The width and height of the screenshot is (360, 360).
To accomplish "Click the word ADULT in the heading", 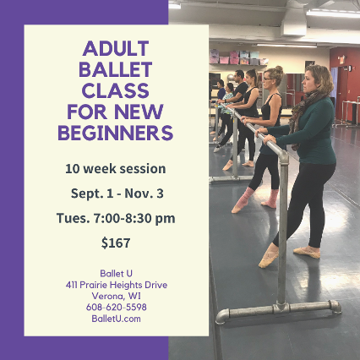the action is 116,48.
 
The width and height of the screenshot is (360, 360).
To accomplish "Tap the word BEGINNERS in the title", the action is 116,133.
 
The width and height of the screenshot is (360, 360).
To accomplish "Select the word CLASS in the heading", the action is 116,90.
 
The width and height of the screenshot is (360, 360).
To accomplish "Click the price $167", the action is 116,243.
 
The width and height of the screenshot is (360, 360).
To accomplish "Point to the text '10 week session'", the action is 116,169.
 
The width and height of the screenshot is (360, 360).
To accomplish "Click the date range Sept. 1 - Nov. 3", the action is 117,194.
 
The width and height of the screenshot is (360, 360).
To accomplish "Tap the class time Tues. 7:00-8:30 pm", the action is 116,218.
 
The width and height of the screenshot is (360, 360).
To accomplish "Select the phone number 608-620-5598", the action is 117,307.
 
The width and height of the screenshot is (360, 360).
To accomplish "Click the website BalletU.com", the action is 116,319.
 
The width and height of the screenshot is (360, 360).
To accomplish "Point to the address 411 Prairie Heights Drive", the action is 117,285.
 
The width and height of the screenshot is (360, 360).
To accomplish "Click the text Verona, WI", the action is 116,296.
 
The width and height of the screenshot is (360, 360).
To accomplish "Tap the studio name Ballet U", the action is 116,274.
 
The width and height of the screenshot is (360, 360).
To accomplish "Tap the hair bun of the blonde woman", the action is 279,69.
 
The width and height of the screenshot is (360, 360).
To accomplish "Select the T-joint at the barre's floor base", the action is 281,308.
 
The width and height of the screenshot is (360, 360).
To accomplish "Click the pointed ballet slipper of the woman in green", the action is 269,255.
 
